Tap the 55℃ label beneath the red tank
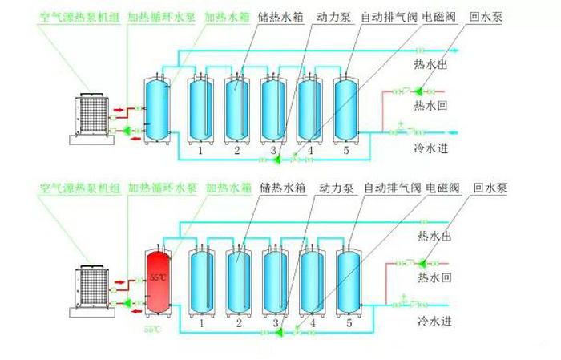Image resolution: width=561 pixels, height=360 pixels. click(x=153, y=329)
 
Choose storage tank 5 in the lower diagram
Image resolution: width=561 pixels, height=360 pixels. click(x=348, y=281)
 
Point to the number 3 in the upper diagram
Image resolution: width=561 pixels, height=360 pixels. click(x=273, y=150)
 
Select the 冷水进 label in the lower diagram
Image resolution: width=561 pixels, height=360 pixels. click(x=434, y=322)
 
